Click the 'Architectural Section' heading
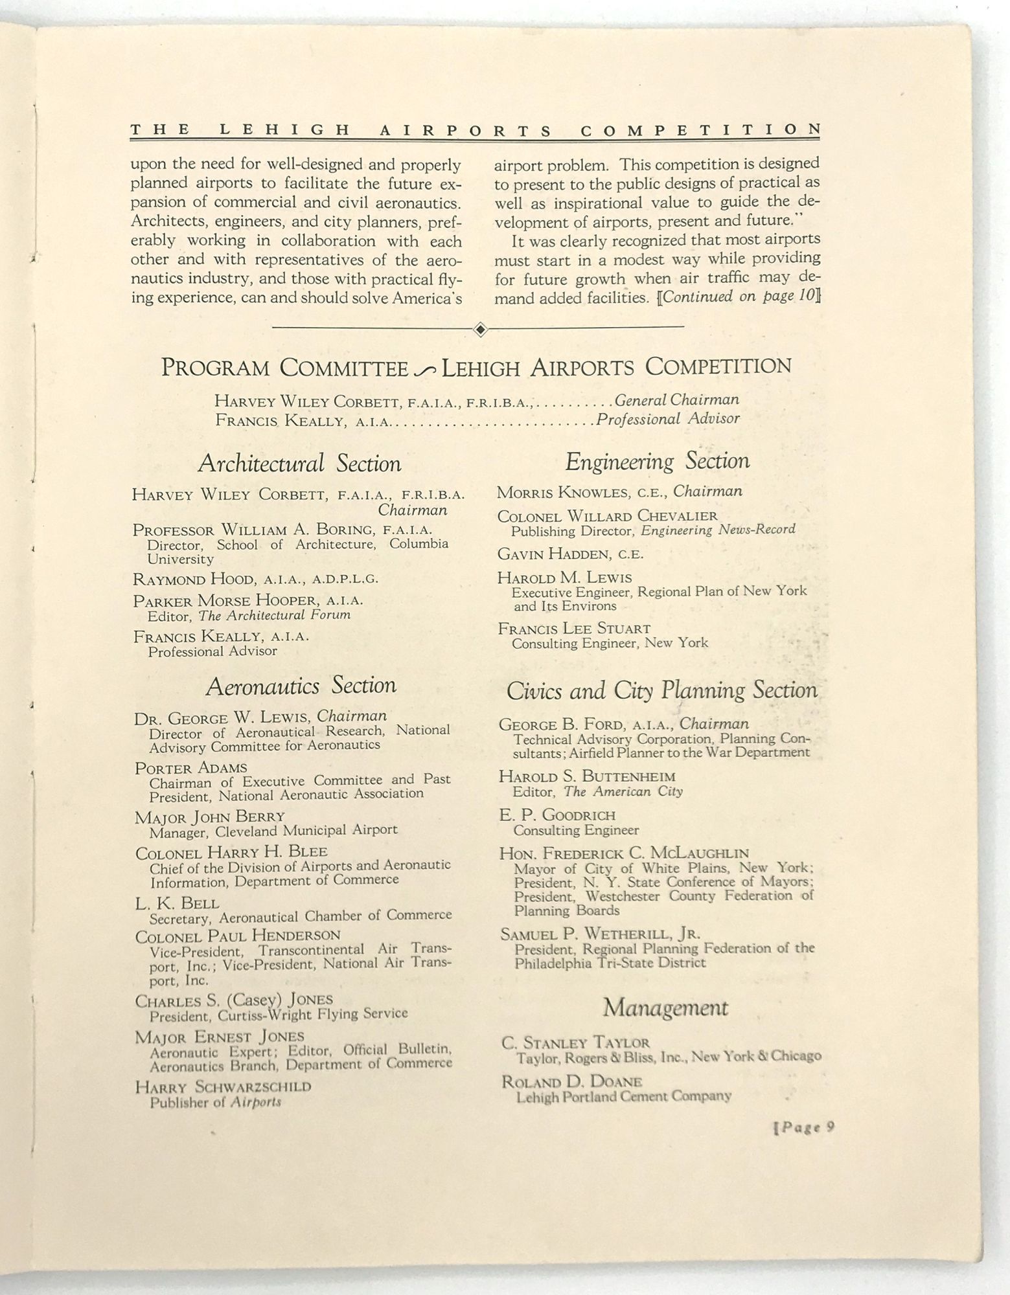[299, 464]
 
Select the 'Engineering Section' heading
[657, 461]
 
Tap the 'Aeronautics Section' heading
[302, 686]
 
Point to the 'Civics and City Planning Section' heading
[661, 690]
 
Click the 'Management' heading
[665, 1008]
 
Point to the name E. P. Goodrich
[557, 815]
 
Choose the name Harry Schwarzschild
[223, 1087]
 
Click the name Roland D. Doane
[571, 1081]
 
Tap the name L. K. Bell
[177, 903]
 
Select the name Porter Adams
[190, 768]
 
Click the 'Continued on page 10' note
[737, 297]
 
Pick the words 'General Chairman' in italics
[676, 400]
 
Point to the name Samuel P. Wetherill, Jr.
[600, 934]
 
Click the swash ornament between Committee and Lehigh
[425, 369]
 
